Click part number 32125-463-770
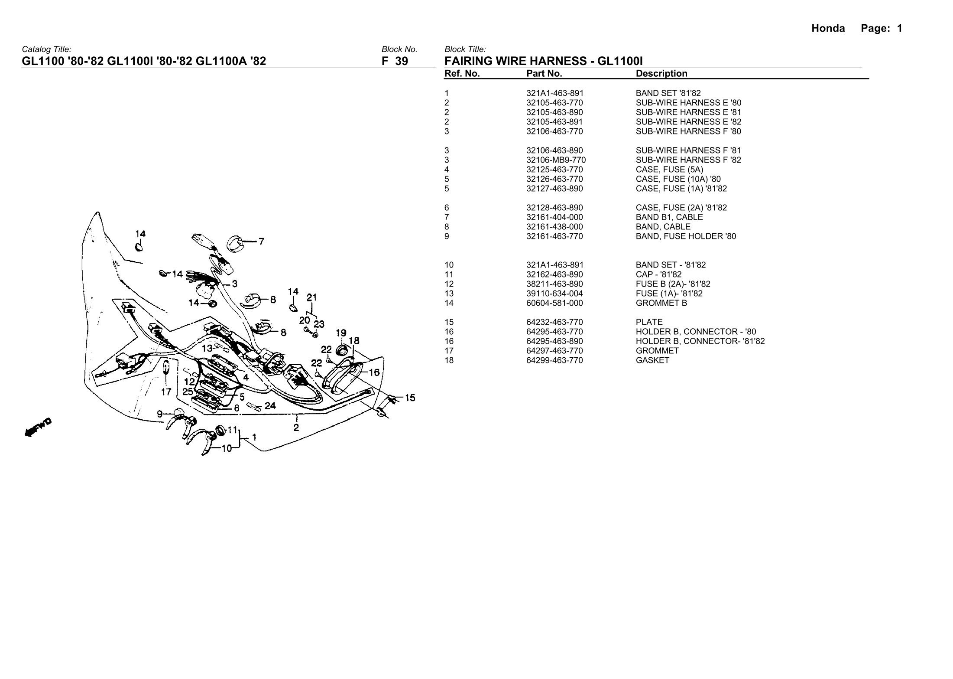(x=554, y=170)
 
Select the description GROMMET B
(x=661, y=303)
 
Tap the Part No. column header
(x=544, y=74)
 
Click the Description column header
(x=661, y=74)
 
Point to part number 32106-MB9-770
(x=556, y=160)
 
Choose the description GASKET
(x=652, y=360)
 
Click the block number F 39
(x=395, y=61)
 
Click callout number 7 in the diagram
(x=261, y=242)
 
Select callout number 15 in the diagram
(x=410, y=398)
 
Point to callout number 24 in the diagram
(x=270, y=406)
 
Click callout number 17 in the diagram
(x=166, y=392)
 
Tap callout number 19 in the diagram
(x=341, y=333)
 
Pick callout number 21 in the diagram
(x=312, y=297)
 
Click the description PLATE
(x=649, y=322)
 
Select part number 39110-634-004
(x=554, y=294)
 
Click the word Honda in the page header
(x=828, y=29)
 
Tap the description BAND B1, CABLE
(x=669, y=217)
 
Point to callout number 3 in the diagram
(x=234, y=284)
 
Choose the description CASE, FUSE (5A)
(x=669, y=170)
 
